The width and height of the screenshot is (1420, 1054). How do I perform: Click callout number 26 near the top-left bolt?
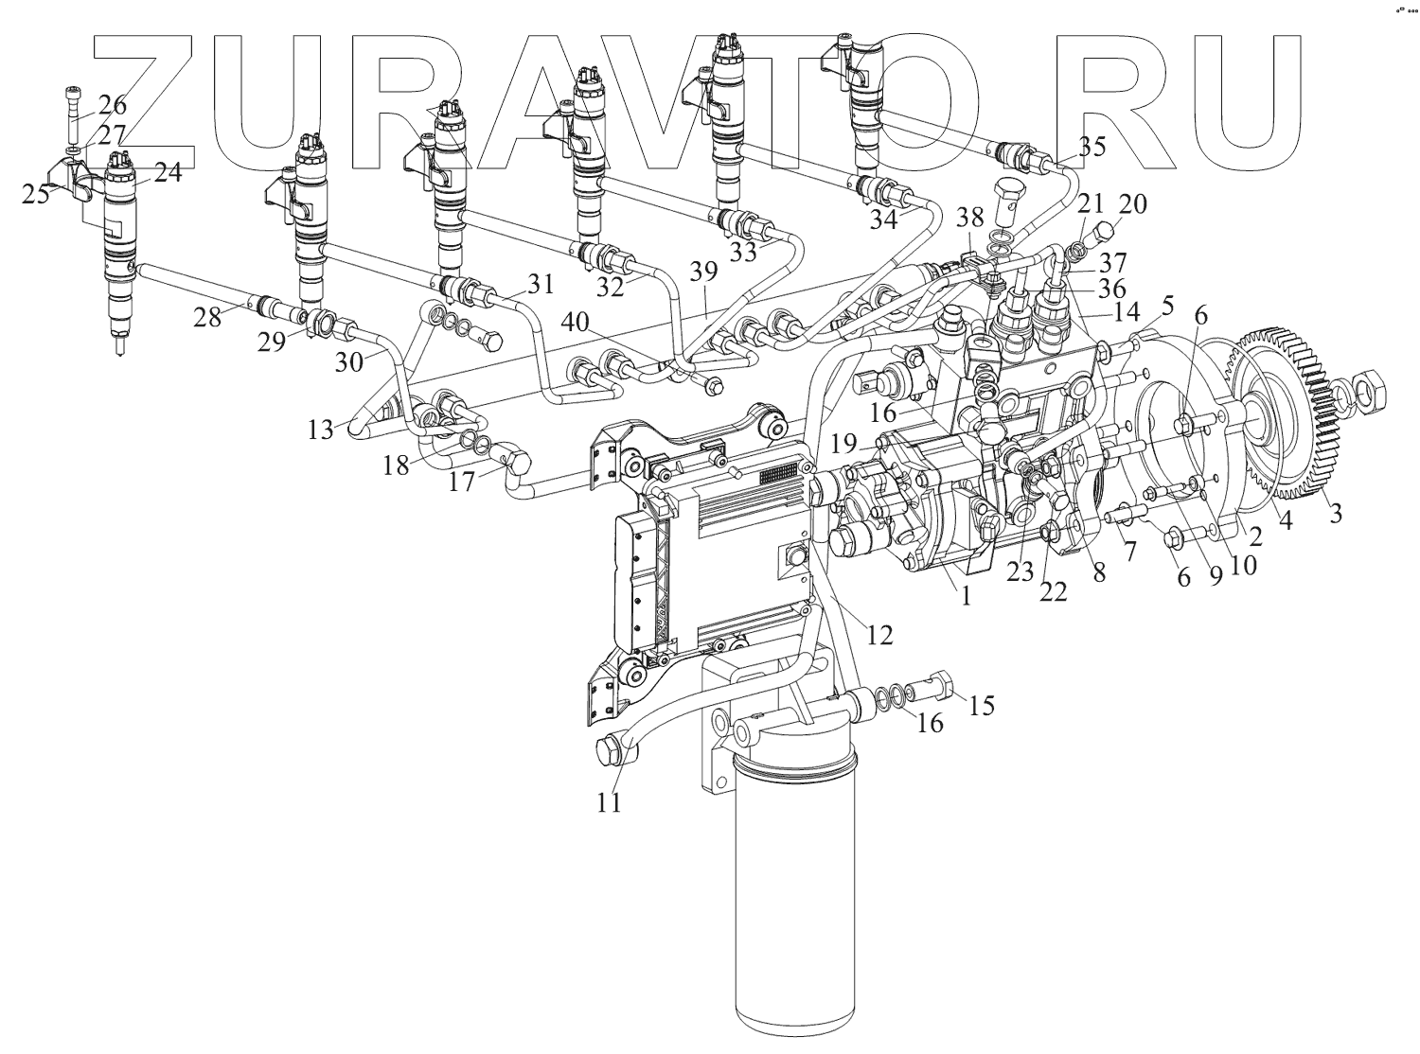pos(112,105)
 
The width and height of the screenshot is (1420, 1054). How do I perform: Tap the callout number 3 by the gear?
pos(1336,515)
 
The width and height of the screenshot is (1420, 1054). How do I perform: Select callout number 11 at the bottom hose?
pos(609,802)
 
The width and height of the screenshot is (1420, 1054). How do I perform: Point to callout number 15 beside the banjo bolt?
pos(983,705)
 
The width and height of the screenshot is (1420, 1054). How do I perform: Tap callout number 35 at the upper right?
pos(1092,147)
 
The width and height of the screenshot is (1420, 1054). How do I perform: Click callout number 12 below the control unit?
pos(879,635)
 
